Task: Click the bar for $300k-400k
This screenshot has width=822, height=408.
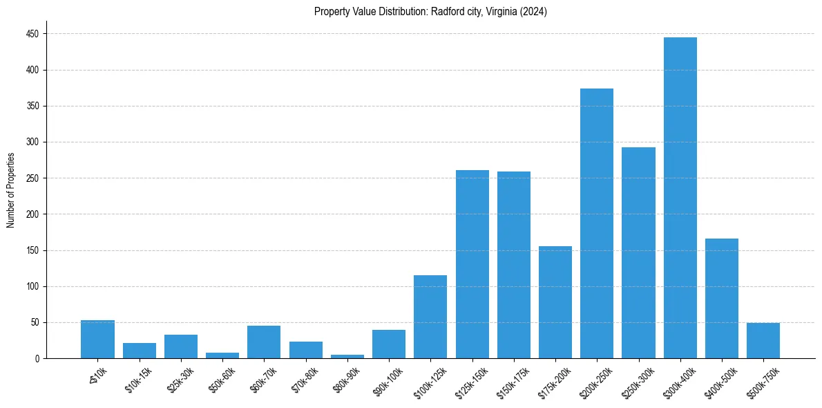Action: pos(680,198)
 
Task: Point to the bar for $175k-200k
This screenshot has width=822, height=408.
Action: pos(555,302)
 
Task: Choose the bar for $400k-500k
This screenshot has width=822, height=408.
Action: pos(722,298)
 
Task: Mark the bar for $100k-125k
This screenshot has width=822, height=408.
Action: pos(430,317)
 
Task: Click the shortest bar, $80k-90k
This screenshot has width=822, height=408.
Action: pos(347,356)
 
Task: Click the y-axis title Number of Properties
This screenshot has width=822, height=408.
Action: pos(11,190)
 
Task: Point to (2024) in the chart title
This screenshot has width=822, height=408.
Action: pos(534,12)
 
